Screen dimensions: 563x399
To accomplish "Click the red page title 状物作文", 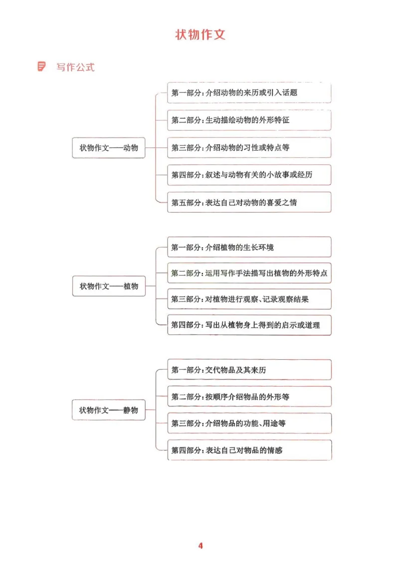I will (200, 34).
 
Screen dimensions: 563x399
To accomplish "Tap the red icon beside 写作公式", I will (42, 66).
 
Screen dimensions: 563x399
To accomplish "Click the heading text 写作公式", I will (75, 67).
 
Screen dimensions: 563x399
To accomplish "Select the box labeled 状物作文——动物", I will (109, 148).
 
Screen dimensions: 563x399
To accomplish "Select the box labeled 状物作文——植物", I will (109, 286).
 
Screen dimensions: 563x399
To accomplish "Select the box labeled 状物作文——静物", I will (109, 410).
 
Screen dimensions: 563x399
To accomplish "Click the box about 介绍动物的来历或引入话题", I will (249, 93).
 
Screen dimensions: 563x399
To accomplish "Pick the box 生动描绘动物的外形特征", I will (249, 120).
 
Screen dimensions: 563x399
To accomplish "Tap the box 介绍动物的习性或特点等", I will (249, 147).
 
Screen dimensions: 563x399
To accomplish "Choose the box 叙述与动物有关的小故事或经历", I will (249, 175).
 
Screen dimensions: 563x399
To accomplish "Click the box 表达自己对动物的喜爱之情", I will (249, 202).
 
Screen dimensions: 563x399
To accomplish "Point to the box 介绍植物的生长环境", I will (249, 247).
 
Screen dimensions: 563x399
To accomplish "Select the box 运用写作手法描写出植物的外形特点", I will (249, 273).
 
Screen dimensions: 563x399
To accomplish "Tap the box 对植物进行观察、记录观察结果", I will (249, 299).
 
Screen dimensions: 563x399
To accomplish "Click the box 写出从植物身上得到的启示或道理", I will (249, 325).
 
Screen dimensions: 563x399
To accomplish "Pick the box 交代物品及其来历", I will (249, 370).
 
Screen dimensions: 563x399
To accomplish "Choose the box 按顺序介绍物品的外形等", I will (249, 397).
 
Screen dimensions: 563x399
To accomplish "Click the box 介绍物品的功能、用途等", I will (249, 423).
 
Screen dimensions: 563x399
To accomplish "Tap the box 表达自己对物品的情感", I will (249, 450).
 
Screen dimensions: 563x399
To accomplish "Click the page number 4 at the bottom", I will (200, 546).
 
